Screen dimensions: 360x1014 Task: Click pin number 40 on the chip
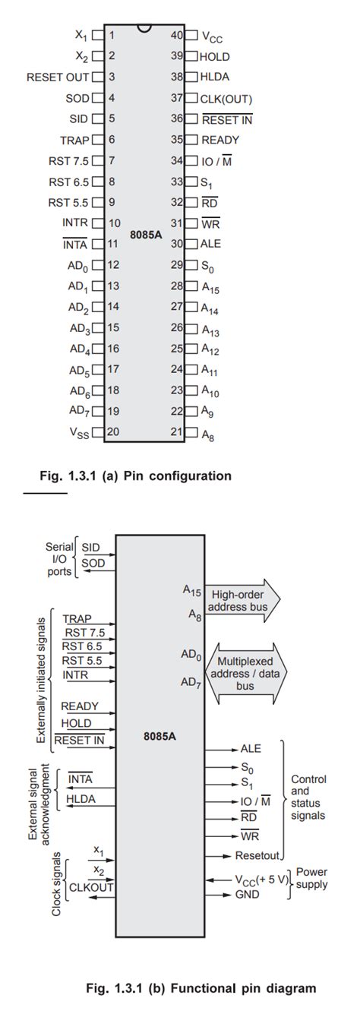click(x=177, y=35)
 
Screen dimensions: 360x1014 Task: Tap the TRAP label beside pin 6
click(x=74, y=141)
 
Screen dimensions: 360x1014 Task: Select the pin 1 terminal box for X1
click(x=98, y=35)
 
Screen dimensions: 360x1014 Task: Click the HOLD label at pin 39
click(x=215, y=56)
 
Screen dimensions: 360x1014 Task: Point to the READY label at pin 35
click(x=220, y=140)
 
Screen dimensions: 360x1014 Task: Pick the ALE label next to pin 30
click(x=210, y=244)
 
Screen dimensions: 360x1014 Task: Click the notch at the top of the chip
click(x=144, y=28)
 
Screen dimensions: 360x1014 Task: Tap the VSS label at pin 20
click(x=79, y=433)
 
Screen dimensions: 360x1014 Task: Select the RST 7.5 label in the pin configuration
click(x=68, y=161)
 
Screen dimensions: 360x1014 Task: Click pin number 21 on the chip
click(x=177, y=432)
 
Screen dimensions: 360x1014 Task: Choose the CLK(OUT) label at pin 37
click(x=226, y=99)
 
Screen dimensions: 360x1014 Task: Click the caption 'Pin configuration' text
click(x=178, y=475)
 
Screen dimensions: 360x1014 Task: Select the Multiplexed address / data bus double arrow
click(x=246, y=674)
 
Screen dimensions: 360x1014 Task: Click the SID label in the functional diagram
click(x=90, y=548)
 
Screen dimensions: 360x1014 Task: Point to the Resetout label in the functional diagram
click(x=257, y=855)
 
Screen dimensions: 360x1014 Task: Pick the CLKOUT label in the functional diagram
click(x=91, y=887)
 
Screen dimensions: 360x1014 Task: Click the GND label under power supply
click(x=248, y=894)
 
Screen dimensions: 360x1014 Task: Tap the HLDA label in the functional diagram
click(x=81, y=799)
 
